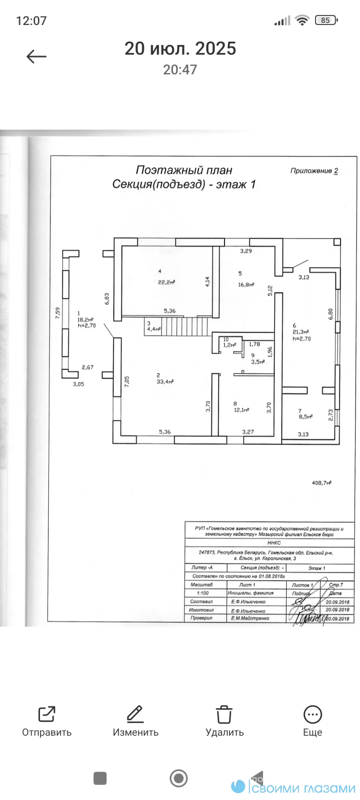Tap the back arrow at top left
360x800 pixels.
tap(37, 57)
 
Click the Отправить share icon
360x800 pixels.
tap(47, 714)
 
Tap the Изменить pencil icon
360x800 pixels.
tap(135, 714)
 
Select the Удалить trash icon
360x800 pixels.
tap(224, 714)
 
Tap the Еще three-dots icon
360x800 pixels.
tap(312, 714)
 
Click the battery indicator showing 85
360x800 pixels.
tap(326, 20)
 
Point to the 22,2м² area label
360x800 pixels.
tap(166, 282)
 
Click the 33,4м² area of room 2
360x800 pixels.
tap(165, 382)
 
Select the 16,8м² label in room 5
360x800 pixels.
tap(246, 285)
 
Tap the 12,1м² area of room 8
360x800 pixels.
tap(241, 410)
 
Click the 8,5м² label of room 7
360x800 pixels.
tap(305, 416)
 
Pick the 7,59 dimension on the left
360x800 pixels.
tap(58, 313)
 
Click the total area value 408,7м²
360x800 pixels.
tap(321, 483)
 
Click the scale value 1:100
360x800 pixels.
tap(203, 593)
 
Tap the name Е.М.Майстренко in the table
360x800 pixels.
tap(250, 618)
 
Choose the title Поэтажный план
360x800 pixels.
tap(184, 170)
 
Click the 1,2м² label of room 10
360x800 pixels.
tap(230, 345)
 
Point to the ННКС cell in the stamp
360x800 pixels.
tap(274, 543)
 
